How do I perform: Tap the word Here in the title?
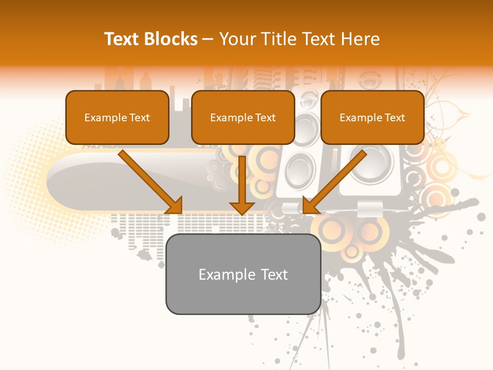361,39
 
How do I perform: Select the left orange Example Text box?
117,117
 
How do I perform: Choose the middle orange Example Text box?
243,117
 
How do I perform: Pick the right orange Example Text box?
372,117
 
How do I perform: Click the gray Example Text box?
243,274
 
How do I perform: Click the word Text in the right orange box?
395,118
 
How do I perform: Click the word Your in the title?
235,39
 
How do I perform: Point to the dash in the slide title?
208,40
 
